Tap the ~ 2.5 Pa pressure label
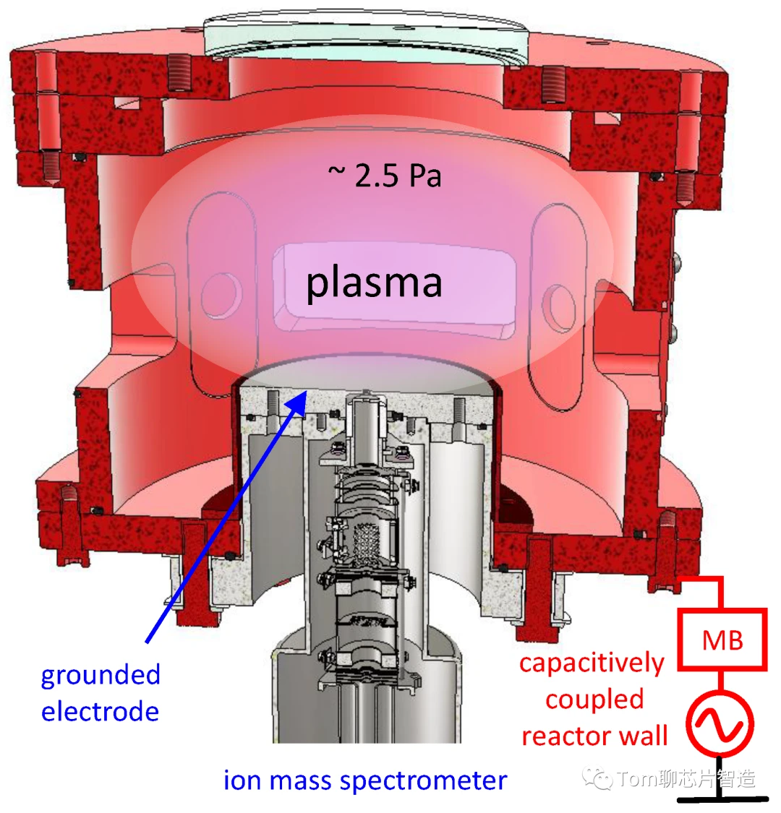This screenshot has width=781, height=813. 385,176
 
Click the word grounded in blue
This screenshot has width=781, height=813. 100,676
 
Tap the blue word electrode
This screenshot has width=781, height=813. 100,711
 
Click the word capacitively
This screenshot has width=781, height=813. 592,663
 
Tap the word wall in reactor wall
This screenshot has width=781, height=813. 639,736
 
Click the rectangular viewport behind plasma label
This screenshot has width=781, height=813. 394,289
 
